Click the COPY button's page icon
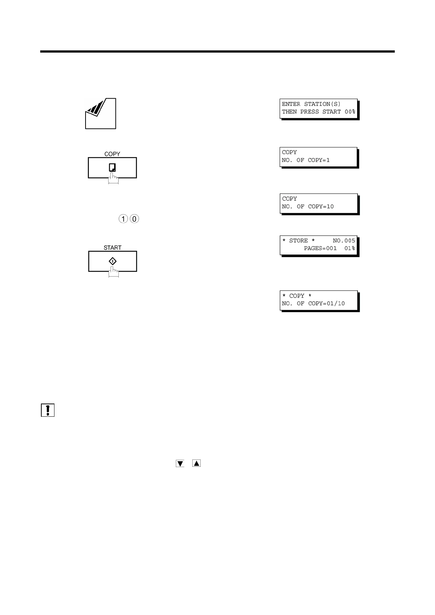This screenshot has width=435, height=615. tap(113, 167)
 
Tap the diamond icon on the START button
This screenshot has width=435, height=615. tap(113, 261)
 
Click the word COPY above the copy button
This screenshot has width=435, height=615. tap(112, 154)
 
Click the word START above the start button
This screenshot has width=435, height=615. tap(112, 248)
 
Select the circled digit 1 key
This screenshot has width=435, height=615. tap(124, 219)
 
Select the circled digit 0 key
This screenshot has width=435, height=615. tap(134, 219)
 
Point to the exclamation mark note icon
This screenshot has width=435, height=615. tap(48, 410)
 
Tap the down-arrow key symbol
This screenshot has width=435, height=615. tap(180, 464)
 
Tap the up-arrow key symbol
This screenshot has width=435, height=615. tap(196, 463)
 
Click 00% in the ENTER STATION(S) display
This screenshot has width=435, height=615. tap(350, 112)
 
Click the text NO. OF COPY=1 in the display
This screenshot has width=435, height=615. tap(306, 160)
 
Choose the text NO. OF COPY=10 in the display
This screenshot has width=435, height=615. tap(307, 206)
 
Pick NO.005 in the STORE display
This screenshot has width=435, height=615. tap(344, 241)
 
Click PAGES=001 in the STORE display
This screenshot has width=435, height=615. tap(320, 248)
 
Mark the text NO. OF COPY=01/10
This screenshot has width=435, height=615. tap(313, 303)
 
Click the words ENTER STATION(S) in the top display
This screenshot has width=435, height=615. tap(311, 104)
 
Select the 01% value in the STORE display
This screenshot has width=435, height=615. tap(349, 248)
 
